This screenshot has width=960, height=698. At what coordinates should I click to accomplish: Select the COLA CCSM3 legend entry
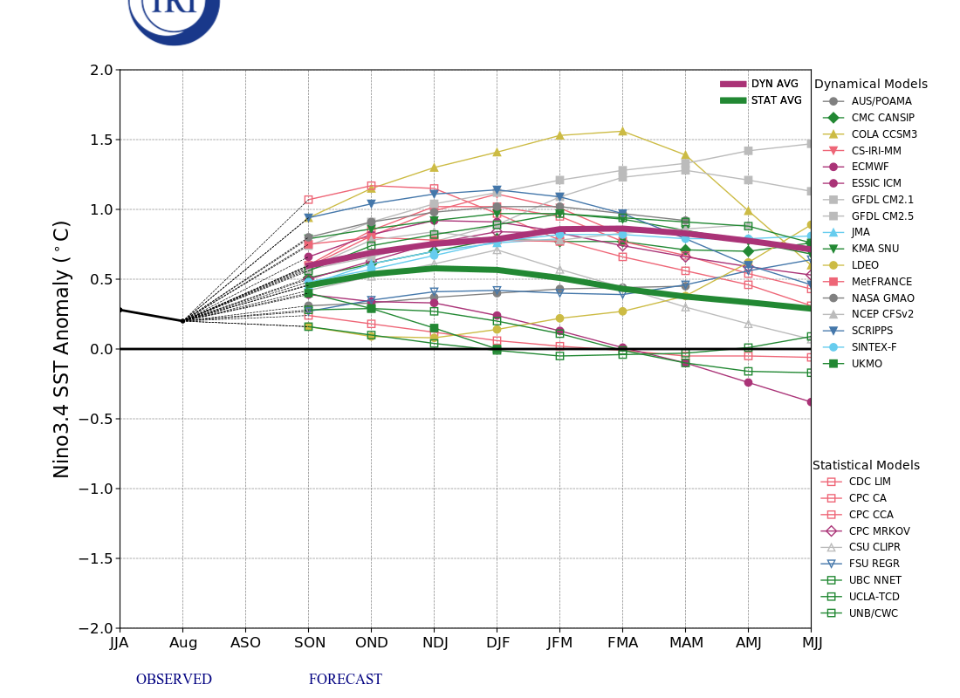coord(884,134)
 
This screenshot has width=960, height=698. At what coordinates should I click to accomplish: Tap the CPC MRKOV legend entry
coord(879,530)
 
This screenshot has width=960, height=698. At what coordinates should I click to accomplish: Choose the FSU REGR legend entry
coord(874,564)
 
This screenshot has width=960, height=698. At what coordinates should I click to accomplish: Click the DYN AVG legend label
coord(774,84)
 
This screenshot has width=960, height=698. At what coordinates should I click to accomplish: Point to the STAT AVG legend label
coord(776,100)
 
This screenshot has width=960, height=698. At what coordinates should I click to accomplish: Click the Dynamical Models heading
coord(870,85)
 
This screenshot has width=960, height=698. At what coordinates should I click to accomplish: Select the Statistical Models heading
coord(866,466)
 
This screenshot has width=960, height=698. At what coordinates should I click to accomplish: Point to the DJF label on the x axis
coord(497,643)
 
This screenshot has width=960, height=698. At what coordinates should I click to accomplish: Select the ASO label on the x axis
coord(245,643)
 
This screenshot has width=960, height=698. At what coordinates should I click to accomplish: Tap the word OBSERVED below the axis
coord(174,680)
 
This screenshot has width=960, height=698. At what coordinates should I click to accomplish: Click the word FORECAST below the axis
coord(345,680)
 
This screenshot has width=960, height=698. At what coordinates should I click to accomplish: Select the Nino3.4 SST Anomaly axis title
coord(62,349)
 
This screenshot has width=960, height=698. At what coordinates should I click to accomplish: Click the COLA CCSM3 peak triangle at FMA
coord(622,132)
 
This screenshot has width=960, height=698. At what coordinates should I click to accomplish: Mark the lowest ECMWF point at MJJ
coord(810,402)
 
